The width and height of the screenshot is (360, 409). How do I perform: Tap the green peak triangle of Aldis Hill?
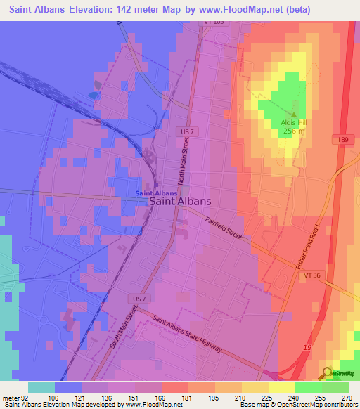click(295, 112)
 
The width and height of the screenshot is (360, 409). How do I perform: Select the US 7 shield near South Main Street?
click(137, 298)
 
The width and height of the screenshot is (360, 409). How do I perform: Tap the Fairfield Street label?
click(223, 228)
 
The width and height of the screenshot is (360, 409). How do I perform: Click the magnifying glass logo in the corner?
click(327, 373)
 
